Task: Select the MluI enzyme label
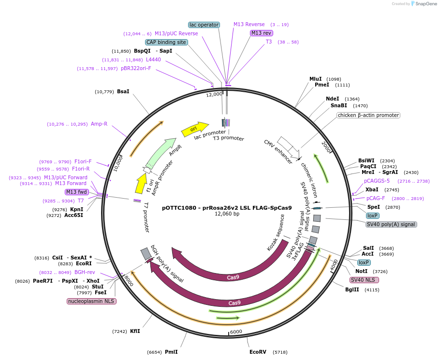pyautogui.click(x=316, y=79)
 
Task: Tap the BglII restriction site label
pyautogui.click(x=352, y=289)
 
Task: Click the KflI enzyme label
pyautogui.click(x=135, y=331)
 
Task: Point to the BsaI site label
pyautogui.click(x=123, y=91)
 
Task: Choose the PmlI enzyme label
pyautogui.click(x=171, y=352)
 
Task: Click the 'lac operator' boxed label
pyautogui.click(x=204, y=25)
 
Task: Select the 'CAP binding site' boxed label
pyautogui.click(x=166, y=42)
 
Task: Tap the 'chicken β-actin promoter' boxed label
pyautogui.click(x=368, y=115)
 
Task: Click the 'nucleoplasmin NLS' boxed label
pyautogui.click(x=91, y=301)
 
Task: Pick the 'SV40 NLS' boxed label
pyautogui.click(x=364, y=280)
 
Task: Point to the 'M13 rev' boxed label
pyautogui.click(x=262, y=33)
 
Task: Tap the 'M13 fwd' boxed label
pyautogui.click(x=77, y=192)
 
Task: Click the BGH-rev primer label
pyautogui.click(x=85, y=272)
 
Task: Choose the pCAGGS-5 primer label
pyautogui.click(x=377, y=181)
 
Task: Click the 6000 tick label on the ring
pyautogui.click(x=235, y=332)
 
